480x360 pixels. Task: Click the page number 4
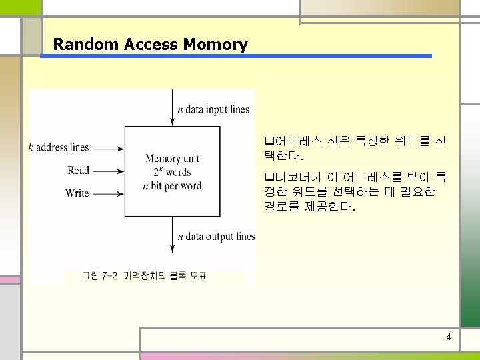449,337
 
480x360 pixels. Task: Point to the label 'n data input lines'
213,110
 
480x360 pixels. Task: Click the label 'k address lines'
59,147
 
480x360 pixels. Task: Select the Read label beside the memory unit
78,171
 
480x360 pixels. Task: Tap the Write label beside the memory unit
77,193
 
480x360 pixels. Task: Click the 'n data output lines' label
216,236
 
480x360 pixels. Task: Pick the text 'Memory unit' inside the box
172,159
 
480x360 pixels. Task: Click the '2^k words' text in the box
172,172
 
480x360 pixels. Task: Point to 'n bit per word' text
172,186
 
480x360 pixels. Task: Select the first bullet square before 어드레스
269,142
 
